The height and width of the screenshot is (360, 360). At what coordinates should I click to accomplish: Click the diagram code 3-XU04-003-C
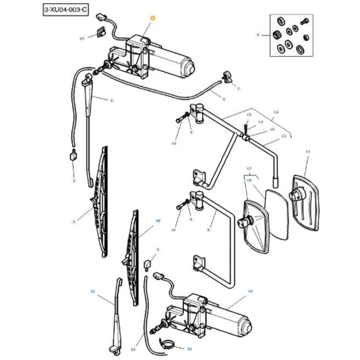click(x=65, y=11)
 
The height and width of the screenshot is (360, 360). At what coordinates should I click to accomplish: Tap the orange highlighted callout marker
click(x=152, y=18)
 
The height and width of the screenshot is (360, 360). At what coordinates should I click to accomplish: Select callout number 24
click(x=82, y=38)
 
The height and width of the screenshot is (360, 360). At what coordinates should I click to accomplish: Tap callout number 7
click(x=239, y=88)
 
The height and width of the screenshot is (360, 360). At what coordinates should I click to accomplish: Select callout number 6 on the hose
click(x=224, y=99)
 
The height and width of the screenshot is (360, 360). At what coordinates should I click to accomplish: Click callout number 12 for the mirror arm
click(x=276, y=112)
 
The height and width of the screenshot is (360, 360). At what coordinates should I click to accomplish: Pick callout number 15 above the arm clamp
click(x=248, y=115)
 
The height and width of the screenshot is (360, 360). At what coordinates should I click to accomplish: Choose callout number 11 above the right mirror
click(x=307, y=151)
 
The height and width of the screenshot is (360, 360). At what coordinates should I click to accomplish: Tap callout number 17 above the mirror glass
click(x=248, y=168)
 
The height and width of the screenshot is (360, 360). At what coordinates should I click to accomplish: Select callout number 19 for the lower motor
click(x=250, y=291)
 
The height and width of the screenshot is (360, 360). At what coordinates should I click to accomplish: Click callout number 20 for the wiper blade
click(x=158, y=221)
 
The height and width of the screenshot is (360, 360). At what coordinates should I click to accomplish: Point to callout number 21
click(x=93, y=291)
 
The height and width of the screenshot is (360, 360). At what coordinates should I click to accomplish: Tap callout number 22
click(x=189, y=348)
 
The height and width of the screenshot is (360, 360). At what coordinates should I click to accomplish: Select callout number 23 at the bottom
click(x=133, y=349)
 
